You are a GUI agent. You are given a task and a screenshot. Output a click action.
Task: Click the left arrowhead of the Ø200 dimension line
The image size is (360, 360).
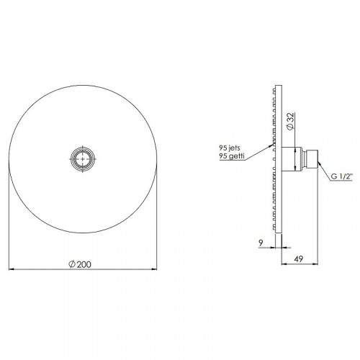tap(10, 270)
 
